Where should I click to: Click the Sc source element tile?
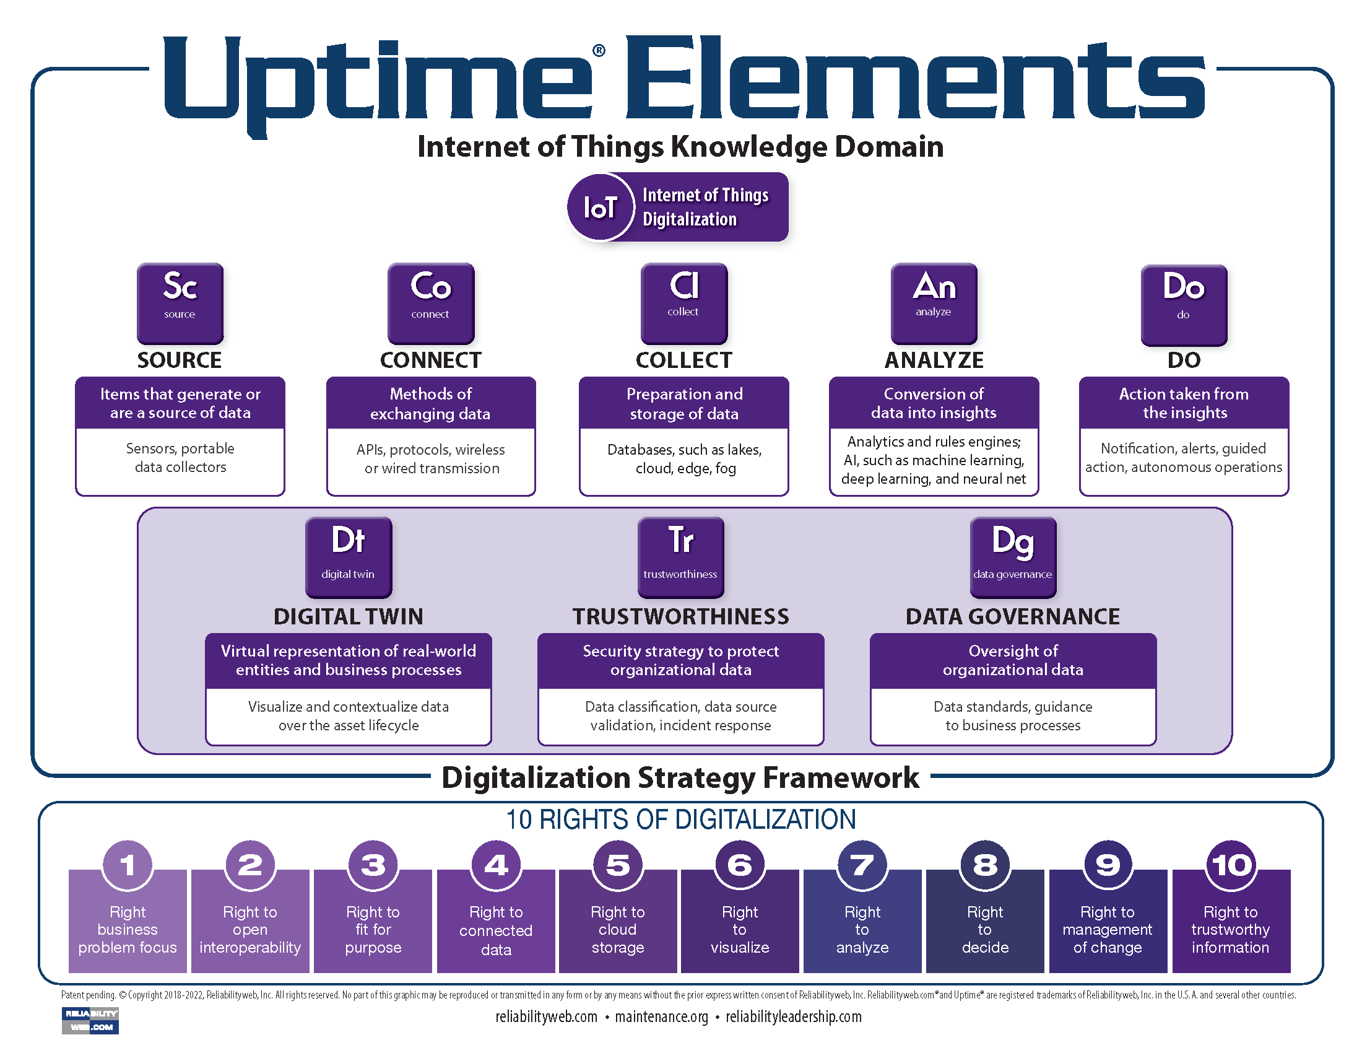pos(180,302)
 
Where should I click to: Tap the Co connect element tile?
pos(430,302)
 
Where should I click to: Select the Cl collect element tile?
pos(683,302)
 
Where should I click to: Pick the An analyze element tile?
pos(934,302)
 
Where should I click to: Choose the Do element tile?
pos(1184,304)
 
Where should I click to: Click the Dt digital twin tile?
pos(348,556)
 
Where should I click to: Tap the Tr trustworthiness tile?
pos(680,556)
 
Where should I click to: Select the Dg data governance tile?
pos(1013,556)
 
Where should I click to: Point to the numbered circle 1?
pos(127,865)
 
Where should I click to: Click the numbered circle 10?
pos(1230,865)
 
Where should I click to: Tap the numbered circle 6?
pos(740,865)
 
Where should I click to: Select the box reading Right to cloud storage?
pos(617,929)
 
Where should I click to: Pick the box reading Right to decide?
pos(985,929)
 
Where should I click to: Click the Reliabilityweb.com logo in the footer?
pos(90,1020)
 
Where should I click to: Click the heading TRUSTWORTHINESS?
pos(680,616)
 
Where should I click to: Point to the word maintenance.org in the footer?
pos(661,1017)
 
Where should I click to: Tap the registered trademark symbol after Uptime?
pos(598,51)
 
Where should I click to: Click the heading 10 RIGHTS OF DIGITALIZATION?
pos(680,819)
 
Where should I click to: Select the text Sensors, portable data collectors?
pos(180,457)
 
